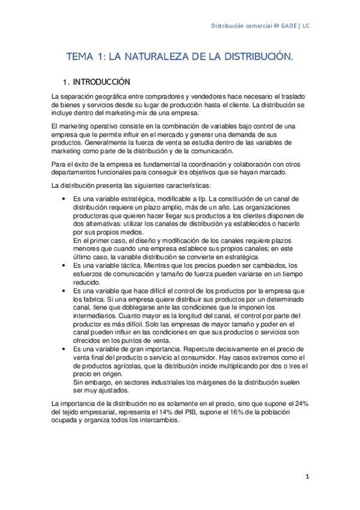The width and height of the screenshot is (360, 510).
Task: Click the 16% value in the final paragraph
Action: [x=202, y=413]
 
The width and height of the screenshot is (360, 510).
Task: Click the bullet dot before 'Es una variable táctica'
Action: [x=64, y=265]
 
